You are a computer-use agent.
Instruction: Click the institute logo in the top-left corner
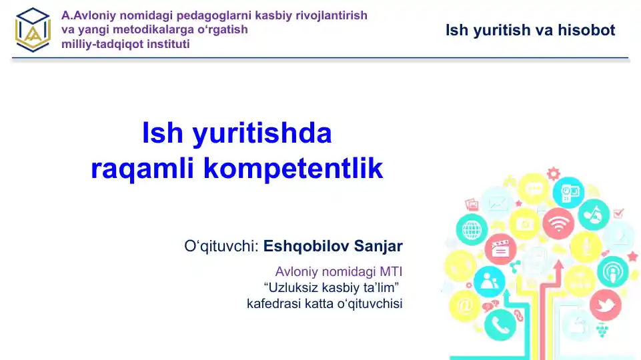[33, 29]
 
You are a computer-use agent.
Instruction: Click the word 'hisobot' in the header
[588, 30]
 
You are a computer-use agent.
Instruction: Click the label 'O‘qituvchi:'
[221, 247]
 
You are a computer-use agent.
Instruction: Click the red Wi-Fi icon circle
[558, 223]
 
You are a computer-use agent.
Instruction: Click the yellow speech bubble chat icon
[534, 189]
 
